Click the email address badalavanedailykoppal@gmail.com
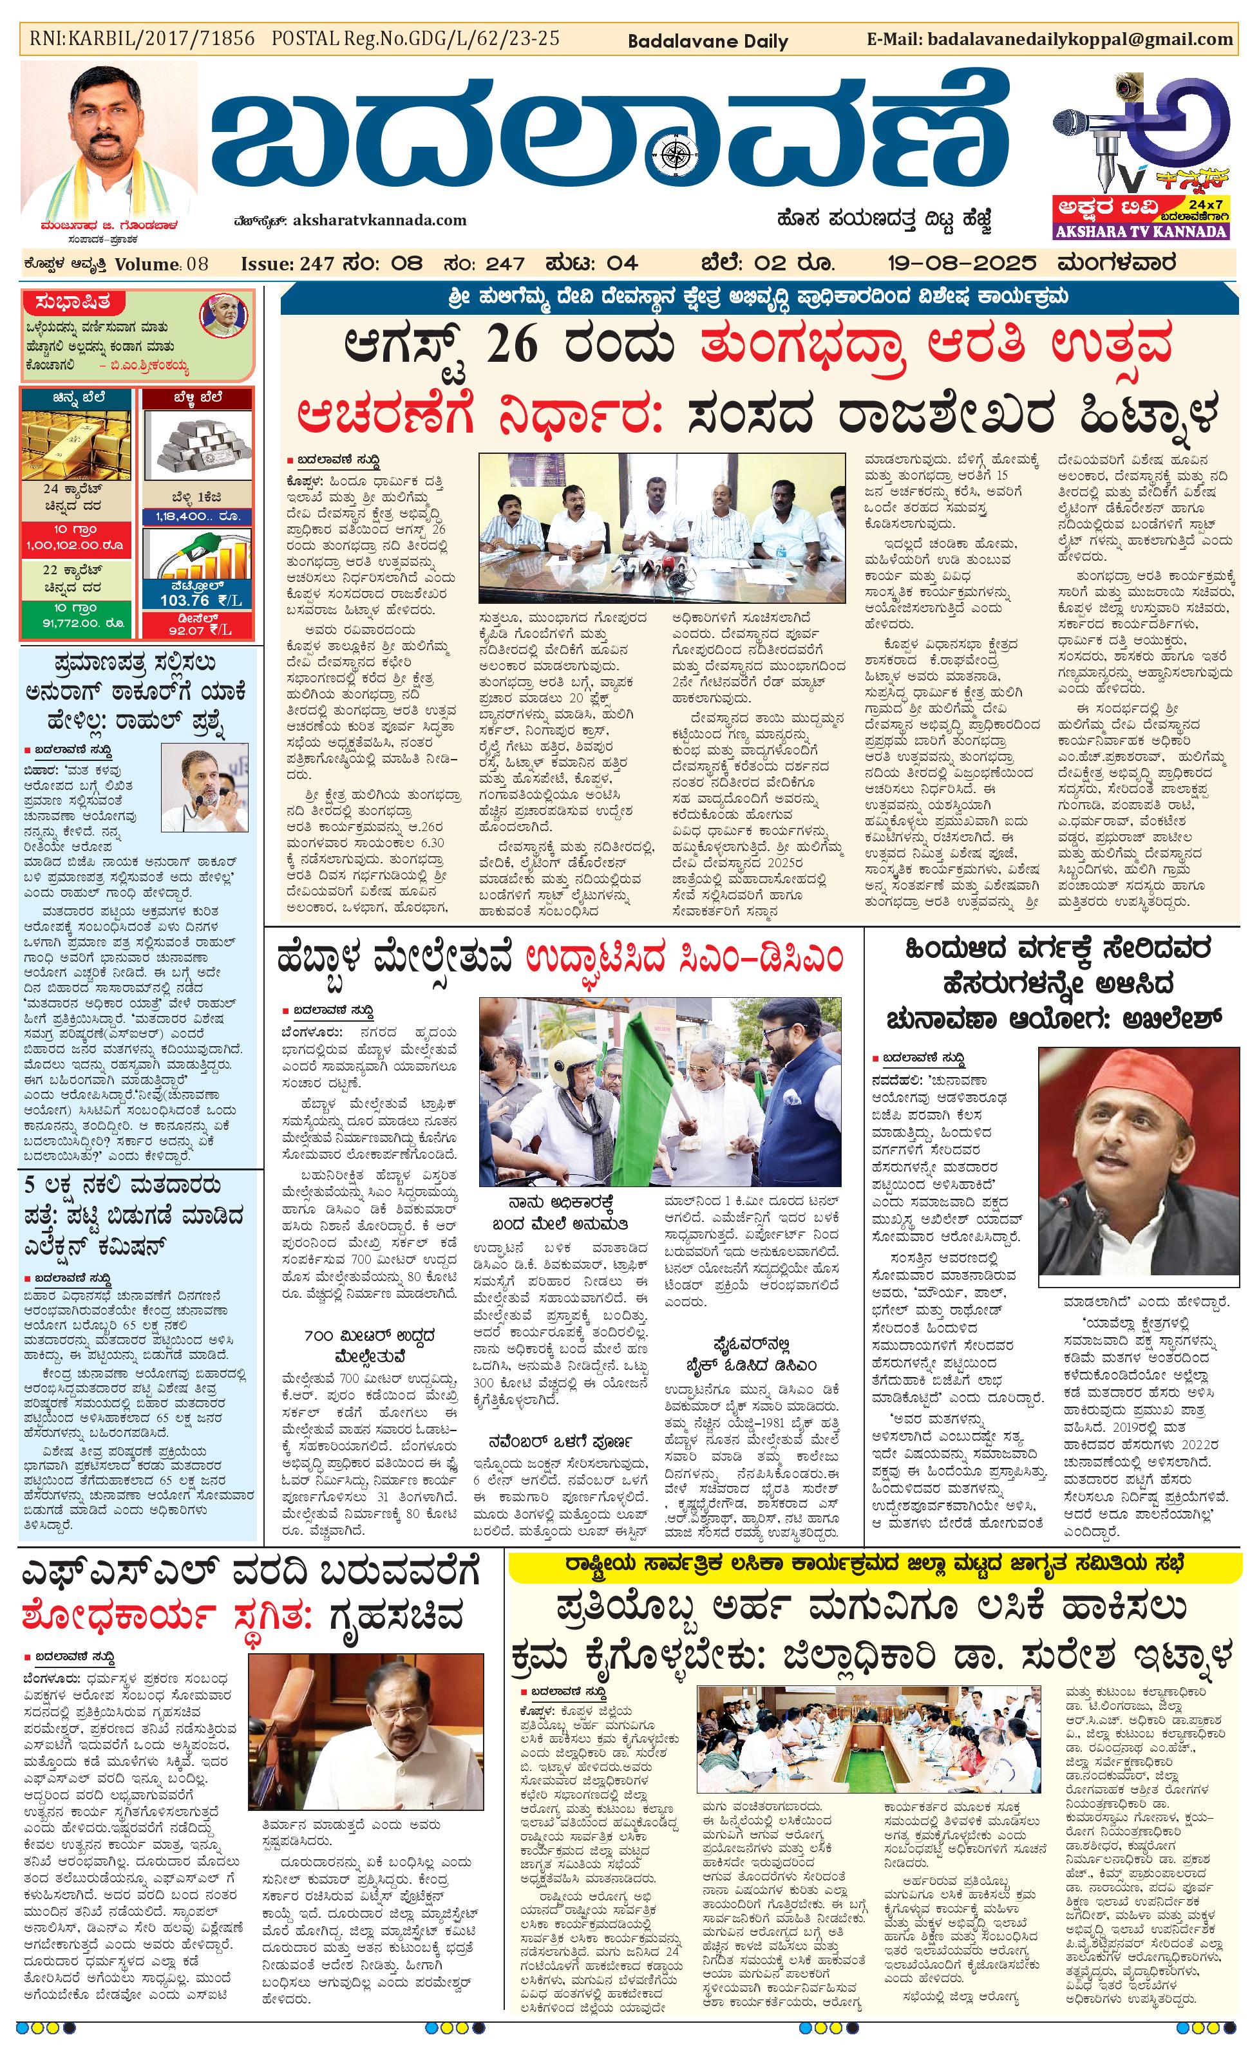coord(1079,39)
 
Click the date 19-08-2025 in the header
coord(961,263)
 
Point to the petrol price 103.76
coord(185,600)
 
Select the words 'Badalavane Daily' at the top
coord(707,41)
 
